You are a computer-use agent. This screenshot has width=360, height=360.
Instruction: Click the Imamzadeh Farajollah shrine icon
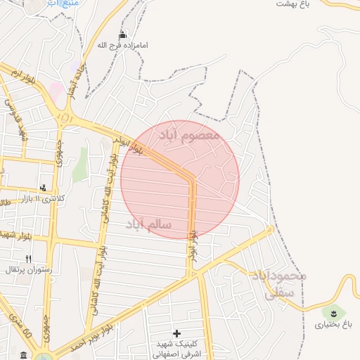point(123,34)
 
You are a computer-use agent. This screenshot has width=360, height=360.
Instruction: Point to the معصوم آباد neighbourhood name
point(189,134)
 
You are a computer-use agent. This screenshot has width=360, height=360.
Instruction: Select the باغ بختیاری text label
point(333,325)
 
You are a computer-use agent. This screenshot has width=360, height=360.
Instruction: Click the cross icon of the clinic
point(176,333)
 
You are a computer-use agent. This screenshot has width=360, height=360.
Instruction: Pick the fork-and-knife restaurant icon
point(29,258)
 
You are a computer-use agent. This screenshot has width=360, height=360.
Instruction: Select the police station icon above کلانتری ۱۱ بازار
point(44,187)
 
